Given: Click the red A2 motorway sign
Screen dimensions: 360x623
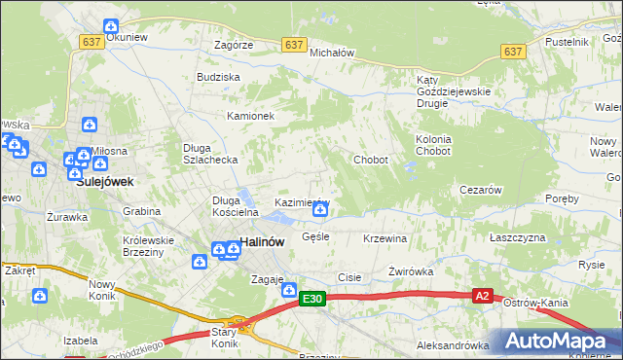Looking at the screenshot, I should click(x=482, y=296).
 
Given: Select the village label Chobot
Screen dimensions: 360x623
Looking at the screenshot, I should click(x=371, y=160).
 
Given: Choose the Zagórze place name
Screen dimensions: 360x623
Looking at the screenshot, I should click(x=234, y=45).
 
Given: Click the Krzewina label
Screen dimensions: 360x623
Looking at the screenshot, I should click(x=385, y=238).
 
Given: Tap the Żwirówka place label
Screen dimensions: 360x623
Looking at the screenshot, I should click(x=410, y=271).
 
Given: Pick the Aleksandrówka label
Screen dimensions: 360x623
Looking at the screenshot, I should click(x=452, y=344).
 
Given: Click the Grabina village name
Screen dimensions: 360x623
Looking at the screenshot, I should click(x=141, y=211).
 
